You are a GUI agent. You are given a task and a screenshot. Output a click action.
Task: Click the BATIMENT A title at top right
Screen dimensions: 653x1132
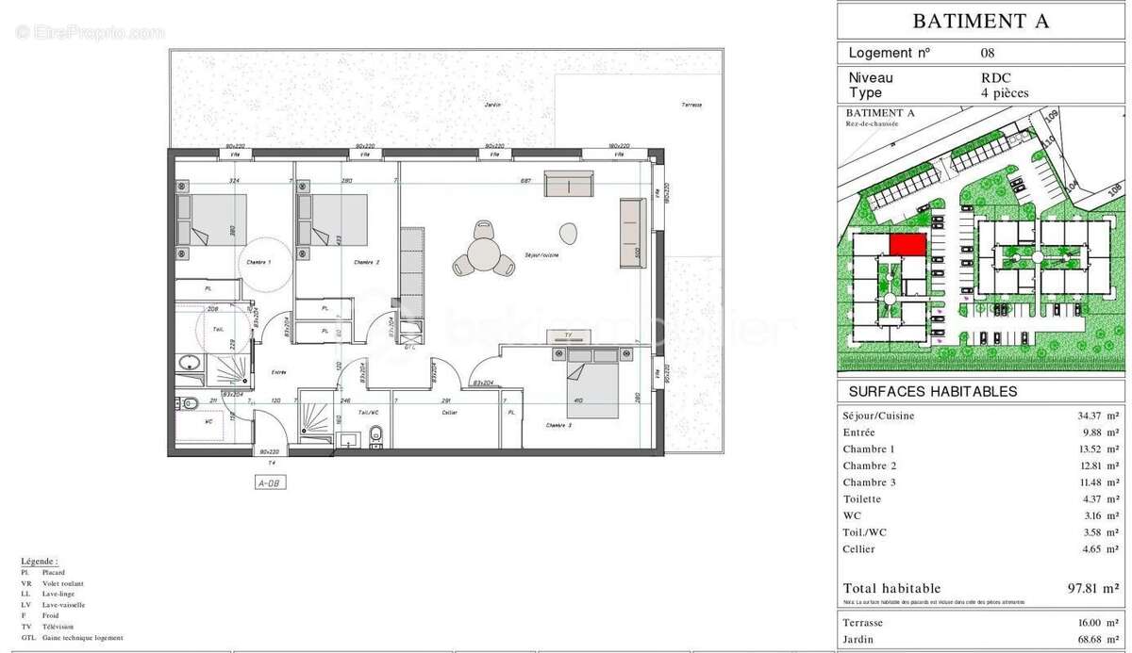point(982,21)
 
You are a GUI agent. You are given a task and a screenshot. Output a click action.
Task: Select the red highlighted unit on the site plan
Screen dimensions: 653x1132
point(907,245)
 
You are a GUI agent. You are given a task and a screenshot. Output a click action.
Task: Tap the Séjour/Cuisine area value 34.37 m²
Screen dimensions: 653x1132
point(1093,416)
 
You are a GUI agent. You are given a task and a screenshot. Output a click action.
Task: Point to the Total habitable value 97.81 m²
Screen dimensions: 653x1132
point(1093,587)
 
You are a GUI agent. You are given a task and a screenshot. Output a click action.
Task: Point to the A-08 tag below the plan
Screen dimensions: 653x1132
point(270,482)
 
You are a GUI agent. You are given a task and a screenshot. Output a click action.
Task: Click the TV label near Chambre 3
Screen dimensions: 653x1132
point(567,335)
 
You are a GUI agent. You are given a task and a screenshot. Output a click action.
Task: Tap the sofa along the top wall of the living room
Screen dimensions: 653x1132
point(568,184)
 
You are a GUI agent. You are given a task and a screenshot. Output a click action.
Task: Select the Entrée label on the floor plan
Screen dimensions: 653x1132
point(279,372)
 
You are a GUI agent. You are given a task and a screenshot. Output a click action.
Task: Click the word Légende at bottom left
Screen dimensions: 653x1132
point(39,560)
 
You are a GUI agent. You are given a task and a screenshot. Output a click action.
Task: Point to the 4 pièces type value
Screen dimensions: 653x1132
point(1004,93)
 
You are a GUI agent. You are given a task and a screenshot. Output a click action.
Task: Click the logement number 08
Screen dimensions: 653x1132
point(987,54)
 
